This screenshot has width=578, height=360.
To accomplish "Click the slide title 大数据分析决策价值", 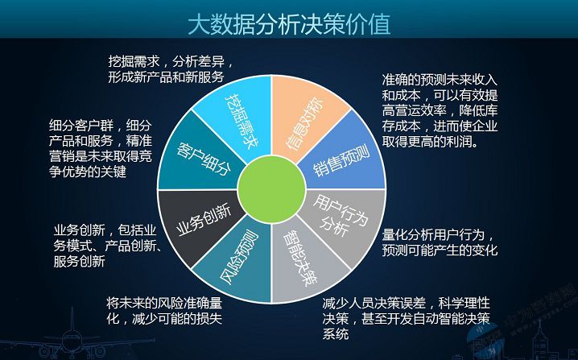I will point(288,24).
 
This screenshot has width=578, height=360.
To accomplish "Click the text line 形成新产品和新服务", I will point(166,77).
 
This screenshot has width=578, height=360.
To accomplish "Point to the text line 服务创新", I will point(78,262).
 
